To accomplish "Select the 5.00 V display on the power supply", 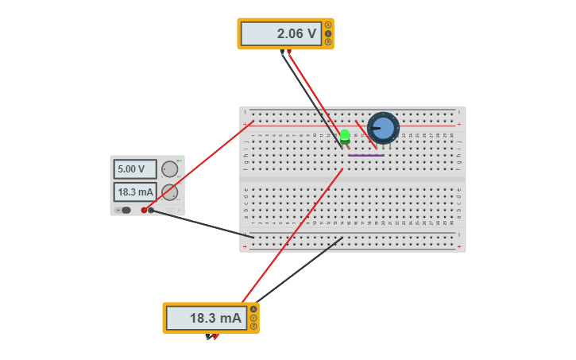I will (134, 169).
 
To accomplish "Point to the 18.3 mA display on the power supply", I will (134, 192).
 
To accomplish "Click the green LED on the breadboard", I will (345, 136).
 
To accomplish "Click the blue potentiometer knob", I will (383, 127).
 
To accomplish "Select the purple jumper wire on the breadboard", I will (365, 155).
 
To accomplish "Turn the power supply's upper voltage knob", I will (170, 168).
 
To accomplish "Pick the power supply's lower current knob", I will (170, 192).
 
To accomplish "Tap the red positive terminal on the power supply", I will (144, 210).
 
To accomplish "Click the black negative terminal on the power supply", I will (151, 210).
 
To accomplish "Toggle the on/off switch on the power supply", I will (125, 210).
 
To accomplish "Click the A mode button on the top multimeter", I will (328, 25).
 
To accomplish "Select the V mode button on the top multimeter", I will (328, 33).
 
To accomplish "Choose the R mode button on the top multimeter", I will (328, 42).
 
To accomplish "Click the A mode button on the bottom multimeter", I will (253, 309).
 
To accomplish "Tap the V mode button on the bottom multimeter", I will (253, 318).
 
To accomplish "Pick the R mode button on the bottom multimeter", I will (253, 326).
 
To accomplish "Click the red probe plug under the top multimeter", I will (289, 52).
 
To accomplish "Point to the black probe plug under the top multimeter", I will (281, 52).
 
